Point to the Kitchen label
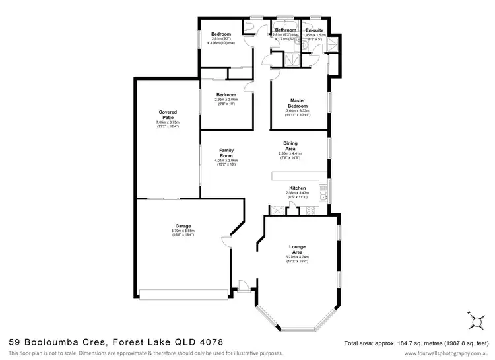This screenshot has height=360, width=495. (298, 188)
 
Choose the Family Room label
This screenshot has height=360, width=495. (226, 153)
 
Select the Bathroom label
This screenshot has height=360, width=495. (285, 30)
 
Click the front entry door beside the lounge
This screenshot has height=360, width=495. (243, 285)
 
